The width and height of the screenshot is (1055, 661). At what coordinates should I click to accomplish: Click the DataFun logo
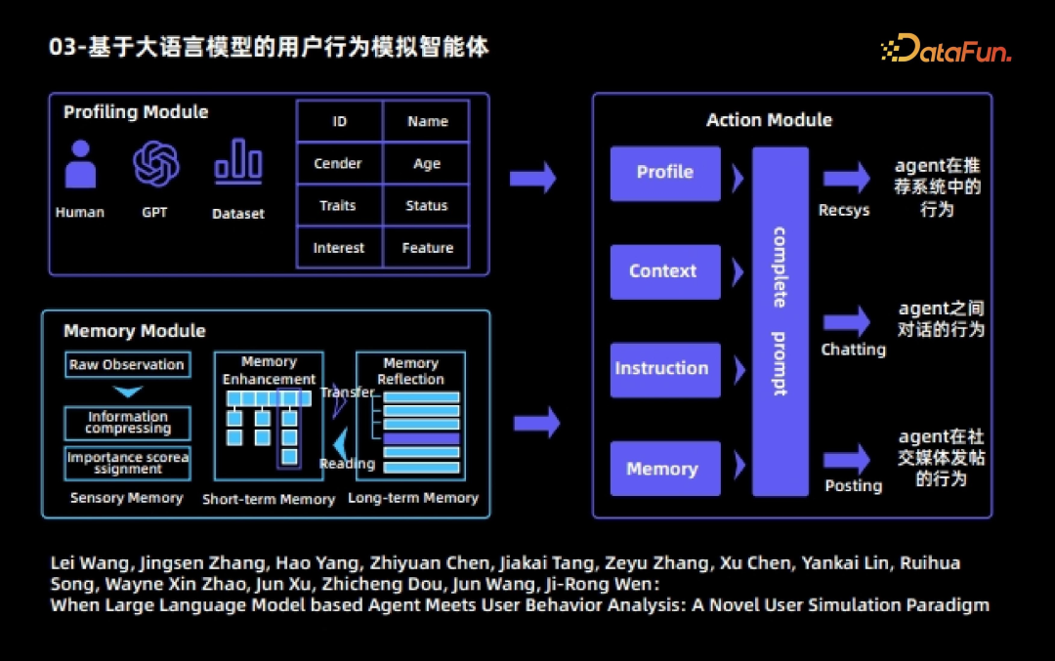click(945, 48)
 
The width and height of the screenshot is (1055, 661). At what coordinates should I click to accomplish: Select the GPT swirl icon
click(156, 163)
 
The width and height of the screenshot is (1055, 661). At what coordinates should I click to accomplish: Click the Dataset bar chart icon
click(238, 162)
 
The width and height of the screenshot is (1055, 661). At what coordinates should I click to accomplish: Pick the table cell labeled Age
click(426, 163)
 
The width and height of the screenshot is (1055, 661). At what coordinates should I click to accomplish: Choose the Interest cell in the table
click(339, 247)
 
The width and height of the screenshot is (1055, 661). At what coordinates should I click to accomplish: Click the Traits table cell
click(339, 205)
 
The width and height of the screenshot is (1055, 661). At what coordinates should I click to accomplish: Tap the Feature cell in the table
click(426, 247)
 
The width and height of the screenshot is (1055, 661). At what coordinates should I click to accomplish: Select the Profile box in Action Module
click(665, 173)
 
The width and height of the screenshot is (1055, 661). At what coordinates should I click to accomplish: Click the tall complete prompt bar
click(780, 321)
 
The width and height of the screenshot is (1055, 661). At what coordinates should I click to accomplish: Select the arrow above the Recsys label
click(846, 178)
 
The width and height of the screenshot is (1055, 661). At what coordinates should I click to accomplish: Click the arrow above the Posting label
click(846, 459)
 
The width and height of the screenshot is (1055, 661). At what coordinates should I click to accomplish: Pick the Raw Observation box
click(127, 365)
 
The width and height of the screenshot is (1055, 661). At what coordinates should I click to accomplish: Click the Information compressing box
click(127, 423)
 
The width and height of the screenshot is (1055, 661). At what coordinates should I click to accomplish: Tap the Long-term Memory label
click(413, 498)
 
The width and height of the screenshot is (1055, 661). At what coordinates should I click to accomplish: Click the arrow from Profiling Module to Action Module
click(533, 178)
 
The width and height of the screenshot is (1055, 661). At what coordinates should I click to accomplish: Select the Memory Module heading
click(134, 331)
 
